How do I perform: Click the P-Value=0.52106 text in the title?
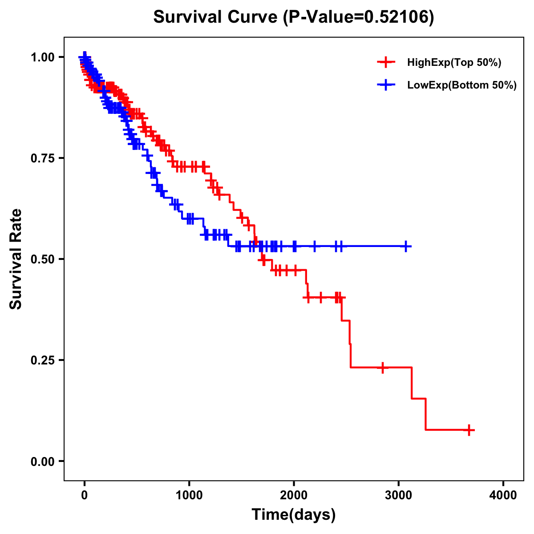[359, 17]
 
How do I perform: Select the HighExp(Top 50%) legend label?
[454, 63]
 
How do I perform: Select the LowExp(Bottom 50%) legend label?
[462, 85]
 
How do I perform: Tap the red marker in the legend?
[386, 62]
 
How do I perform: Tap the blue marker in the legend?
[386, 85]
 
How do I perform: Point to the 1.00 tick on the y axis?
[42, 57]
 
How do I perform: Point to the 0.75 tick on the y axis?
[42, 158]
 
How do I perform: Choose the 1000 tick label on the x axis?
[189, 495]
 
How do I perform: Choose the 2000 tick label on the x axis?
[294, 495]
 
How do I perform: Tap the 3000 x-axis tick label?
[399, 495]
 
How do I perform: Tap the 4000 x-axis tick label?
[503, 495]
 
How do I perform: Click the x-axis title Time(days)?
[294, 515]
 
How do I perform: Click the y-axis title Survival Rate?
[16, 259]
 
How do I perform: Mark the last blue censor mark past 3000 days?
[406, 246]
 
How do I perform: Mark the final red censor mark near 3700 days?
[469, 430]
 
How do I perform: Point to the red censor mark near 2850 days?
[383, 368]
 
